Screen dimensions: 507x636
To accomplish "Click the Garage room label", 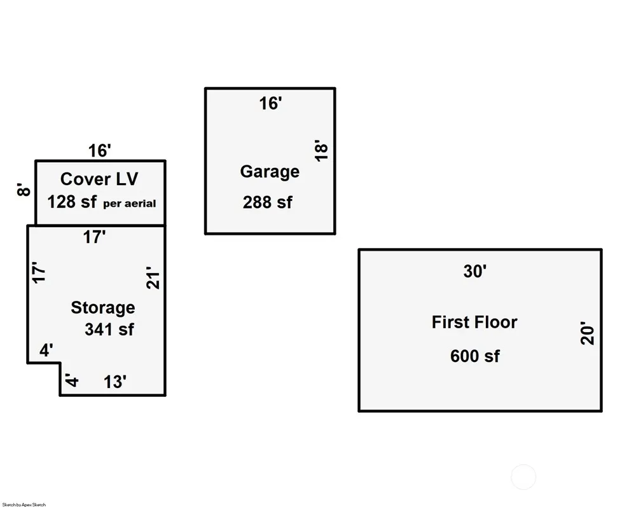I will (x=270, y=172).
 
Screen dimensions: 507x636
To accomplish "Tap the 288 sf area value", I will (x=267, y=202).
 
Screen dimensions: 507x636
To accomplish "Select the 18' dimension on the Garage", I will (x=322, y=150).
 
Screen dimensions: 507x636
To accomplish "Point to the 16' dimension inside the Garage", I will (x=270, y=104).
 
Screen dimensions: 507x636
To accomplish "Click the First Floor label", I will (x=474, y=322).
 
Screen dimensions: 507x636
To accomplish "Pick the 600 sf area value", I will (x=474, y=356).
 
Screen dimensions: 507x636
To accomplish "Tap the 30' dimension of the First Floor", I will (x=474, y=272).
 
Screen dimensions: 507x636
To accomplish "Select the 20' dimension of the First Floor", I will (x=588, y=335).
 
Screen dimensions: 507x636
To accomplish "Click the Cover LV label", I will (x=99, y=179).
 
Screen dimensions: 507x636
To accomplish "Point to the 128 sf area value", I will (x=72, y=202).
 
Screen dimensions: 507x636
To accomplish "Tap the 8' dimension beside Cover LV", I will (x=24, y=190).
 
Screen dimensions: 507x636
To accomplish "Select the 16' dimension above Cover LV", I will (x=100, y=151).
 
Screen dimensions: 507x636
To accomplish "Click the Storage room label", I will (x=102, y=308).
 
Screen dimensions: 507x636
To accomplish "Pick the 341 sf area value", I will (x=109, y=330).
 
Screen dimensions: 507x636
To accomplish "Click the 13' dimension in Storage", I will (x=115, y=382).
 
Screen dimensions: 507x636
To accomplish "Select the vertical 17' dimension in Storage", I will (x=39, y=272).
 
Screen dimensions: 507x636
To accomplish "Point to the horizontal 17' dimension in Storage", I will (x=94, y=237).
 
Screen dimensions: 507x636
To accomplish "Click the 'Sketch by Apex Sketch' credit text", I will (x=24, y=504).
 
